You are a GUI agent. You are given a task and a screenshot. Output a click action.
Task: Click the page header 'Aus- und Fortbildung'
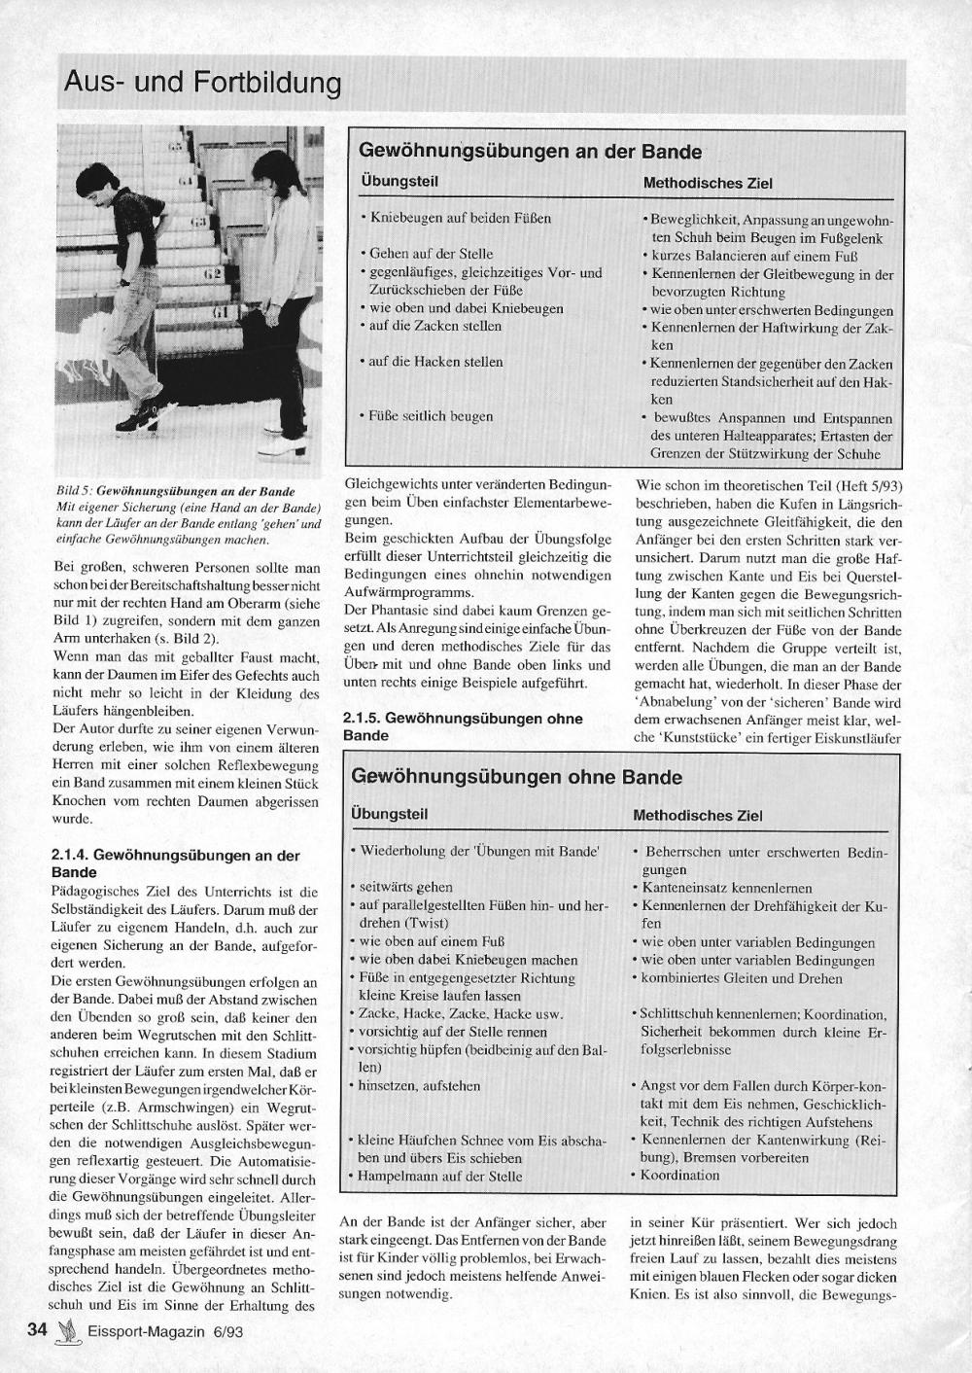click(202, 84)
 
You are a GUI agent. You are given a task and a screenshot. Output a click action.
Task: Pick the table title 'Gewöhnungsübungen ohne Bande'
click(516, 777)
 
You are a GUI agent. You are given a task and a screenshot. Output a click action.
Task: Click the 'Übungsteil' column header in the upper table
click(399, 182)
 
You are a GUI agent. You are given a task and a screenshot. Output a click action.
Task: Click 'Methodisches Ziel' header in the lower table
click(697, 815)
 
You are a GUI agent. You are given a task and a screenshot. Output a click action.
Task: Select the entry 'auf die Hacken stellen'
click(435, 362)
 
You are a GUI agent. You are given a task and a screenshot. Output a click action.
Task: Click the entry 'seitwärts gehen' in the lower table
click(405, 887)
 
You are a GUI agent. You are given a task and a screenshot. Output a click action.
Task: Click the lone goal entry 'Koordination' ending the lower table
click(680, 1175)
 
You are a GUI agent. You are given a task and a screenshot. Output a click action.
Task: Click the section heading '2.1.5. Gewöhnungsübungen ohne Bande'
click(463, 726)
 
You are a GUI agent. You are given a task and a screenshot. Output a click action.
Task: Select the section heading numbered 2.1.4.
click(175, 863)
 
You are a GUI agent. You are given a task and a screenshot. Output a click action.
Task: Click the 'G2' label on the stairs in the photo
click(213, 274)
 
